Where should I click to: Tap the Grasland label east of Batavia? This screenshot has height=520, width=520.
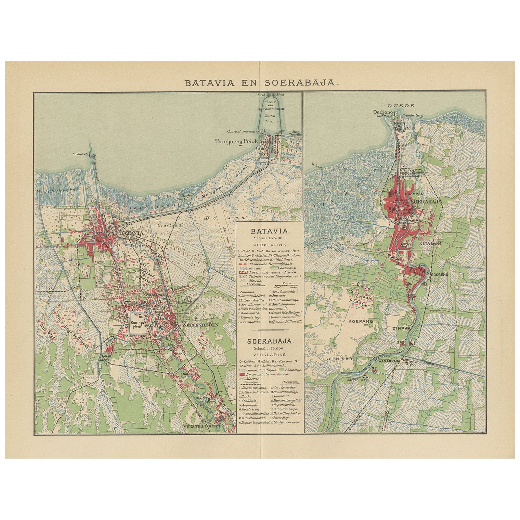pyautogui.click(x=164, y=224)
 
